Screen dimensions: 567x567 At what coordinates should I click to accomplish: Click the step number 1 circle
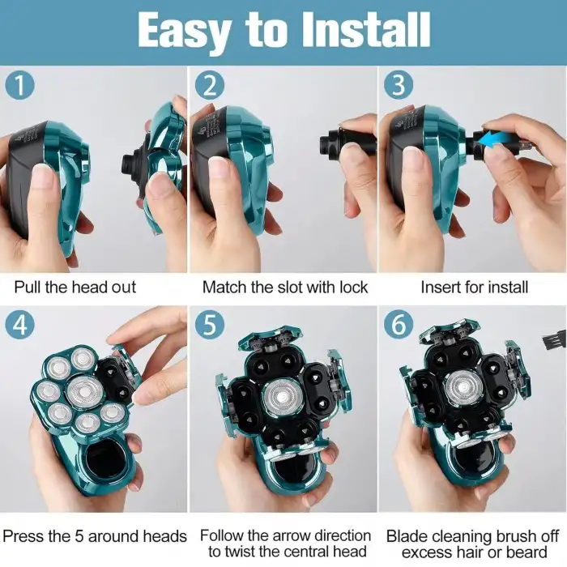coord(20,84)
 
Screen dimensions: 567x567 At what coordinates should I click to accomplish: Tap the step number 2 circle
coord(209,84)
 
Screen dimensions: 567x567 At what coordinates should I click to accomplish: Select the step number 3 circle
coord(399,84)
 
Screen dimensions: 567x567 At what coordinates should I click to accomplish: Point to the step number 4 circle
coord(20,324)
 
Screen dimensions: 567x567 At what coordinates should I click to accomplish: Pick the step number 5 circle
coord(209,324)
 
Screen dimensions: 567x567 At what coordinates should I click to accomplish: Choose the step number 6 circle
coord(399,324)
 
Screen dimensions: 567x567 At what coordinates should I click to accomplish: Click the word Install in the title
coord(366,30)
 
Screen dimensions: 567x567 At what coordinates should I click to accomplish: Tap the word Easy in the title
coord(185,32)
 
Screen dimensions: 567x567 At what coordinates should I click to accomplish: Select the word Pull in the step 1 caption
coord(28,287)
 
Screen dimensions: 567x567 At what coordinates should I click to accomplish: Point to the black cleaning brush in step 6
coord(553,340)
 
